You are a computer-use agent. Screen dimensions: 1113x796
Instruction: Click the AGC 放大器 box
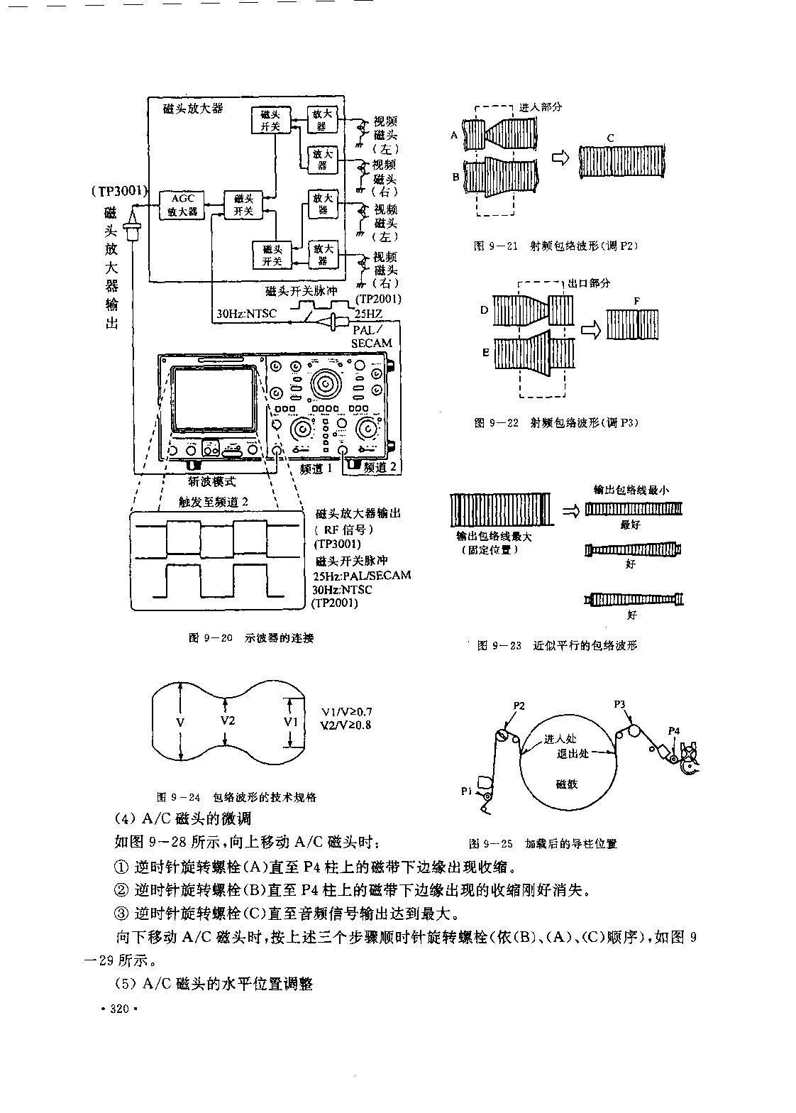[182, 204]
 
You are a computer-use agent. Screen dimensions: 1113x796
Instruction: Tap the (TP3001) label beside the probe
[119, 191]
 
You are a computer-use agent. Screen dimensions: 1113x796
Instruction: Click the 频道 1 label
[316, 468]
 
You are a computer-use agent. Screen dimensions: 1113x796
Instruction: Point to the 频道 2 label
[380, 468]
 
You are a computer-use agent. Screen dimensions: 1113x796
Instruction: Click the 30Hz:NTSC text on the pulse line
[244, 314]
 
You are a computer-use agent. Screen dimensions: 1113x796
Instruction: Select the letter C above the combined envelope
[610, 138]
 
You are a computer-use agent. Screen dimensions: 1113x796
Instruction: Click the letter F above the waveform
[636, 301]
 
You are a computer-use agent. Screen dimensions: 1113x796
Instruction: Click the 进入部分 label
[541, 106]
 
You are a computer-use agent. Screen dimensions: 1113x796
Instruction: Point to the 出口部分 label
[589, 283]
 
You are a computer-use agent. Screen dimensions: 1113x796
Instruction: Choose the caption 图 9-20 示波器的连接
[250, 637]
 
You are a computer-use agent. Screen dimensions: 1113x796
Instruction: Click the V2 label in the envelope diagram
[227, 720]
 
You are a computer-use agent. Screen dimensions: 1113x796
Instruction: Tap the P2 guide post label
[519, 706]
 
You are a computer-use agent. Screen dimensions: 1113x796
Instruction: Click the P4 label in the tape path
[674, 730]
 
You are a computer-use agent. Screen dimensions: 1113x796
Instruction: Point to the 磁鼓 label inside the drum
[568, 784]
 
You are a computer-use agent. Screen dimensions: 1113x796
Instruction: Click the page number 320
[118, 1010]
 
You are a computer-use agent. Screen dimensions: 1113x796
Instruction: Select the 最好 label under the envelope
[630, 525]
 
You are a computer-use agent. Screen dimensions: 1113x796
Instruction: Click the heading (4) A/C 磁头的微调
[183, 818]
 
